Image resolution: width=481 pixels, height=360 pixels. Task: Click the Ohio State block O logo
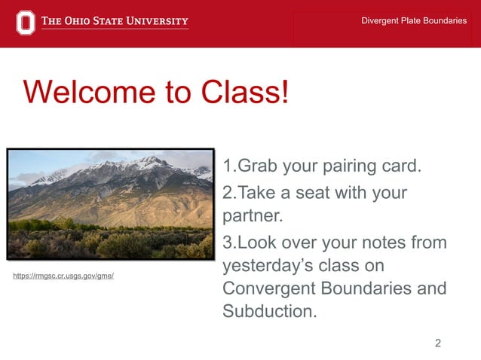click(25, 22)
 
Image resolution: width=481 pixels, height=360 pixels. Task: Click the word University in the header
click(155, 21)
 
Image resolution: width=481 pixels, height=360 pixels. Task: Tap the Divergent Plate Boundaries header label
click(414, 20)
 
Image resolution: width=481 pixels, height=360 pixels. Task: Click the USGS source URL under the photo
click(63, 276)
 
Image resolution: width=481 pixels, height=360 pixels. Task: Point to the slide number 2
click(438, 343)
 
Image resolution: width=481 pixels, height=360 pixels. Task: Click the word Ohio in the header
click(84, 21)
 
